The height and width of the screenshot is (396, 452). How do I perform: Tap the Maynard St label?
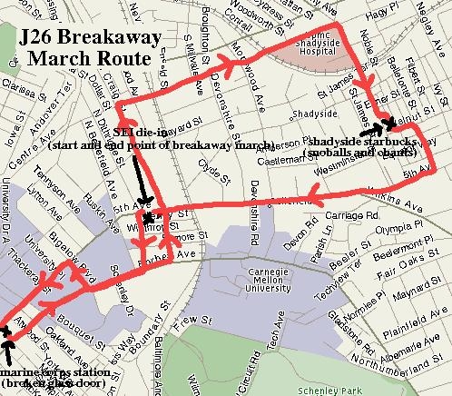click(x=417, y=292)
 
